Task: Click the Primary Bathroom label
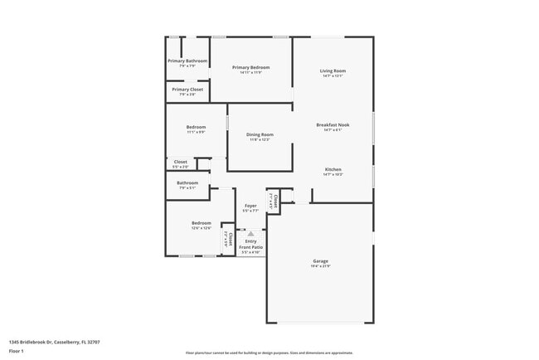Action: [x=187, y=61]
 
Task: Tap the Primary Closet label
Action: [x=187, y=89]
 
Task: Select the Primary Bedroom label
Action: [x=250, y=67]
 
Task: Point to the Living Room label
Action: [x=333, y=71]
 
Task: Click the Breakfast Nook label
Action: [x=333, y=124]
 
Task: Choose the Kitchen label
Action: [x=333, y=169]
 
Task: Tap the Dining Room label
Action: [x=260, y=134]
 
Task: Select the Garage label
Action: [x=320, y=260]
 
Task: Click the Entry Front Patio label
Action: [x=250, y=244]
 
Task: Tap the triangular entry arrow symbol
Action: [x=250, y=235]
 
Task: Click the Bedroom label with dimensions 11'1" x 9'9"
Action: [x=196, y=127]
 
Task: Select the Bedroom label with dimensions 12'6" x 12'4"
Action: [x=202, y=222]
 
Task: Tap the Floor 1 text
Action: [x=17, y=351]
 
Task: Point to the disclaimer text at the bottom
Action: [x=269, y=352]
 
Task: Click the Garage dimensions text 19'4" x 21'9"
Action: [x=320, y=266]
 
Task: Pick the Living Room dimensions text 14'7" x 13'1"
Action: [x=333, y=76]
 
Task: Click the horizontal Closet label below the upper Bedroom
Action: [x=180, y=162]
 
